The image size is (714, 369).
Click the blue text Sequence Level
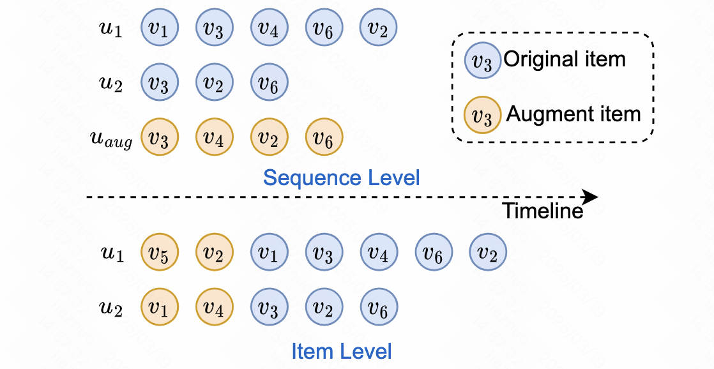[341, 177]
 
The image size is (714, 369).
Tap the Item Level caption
[341, 350]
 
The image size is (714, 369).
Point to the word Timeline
[542, 211]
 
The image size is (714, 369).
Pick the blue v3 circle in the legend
[482, 61]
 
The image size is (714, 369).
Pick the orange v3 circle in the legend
[482, 116]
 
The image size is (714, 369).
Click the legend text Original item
[565, 59]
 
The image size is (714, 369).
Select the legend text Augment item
[573, 114]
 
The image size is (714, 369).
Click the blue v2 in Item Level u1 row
[489, 253]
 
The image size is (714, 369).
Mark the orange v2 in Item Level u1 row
[214, 253]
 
